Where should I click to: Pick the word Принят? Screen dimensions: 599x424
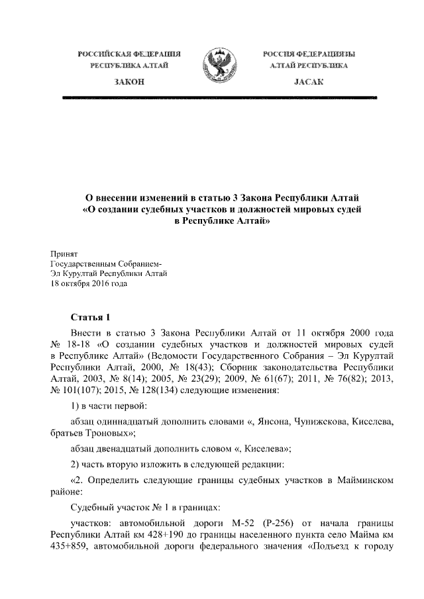coord(64,253)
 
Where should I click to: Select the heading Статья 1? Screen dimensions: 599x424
coord(93,317)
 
